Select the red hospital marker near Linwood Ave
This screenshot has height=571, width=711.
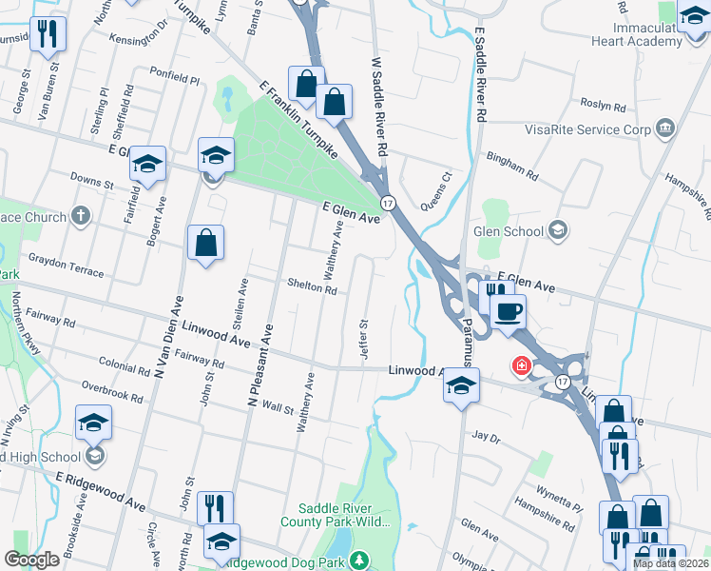pos(521,365)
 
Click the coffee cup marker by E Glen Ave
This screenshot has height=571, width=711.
pos(509,310)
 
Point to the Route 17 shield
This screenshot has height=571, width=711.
pos(388,203)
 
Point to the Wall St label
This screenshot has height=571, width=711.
pos(279,408)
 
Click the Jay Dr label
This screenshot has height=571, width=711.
pos(486,438)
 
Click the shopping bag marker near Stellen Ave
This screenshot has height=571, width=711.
pos(205,243)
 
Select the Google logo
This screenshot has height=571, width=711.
pos(32,559)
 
